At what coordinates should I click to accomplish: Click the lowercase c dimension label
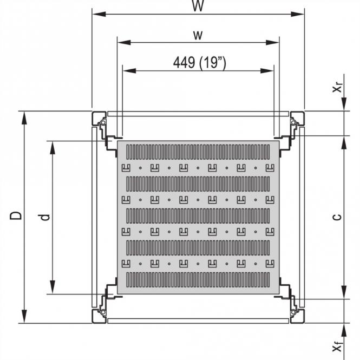[337, 217]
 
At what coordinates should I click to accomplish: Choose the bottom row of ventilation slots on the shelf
[198, 279]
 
